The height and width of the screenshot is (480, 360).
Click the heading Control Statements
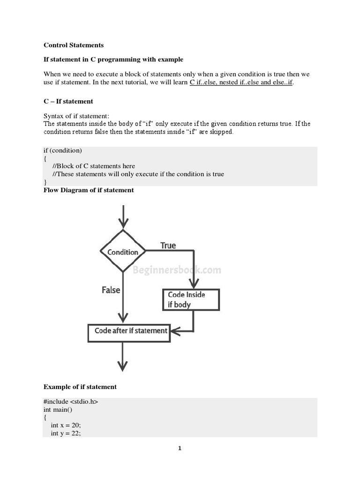click(74, 45)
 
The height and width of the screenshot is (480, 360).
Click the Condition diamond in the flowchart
click(123, 251)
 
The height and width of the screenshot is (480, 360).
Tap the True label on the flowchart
click(168, 245)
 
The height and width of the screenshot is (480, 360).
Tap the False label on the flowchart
click(111, 290)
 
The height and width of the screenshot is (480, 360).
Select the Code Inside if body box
click(190, 300)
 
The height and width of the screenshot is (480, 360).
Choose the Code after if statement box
click(129, 331)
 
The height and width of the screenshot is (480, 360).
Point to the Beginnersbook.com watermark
click(177, 270)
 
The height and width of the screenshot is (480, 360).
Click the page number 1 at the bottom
click(180, 449)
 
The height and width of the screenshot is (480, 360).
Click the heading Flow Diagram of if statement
click(89, 190)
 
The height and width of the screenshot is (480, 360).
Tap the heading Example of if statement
click(80, 387)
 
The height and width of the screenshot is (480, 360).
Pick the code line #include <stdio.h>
click(71, 402)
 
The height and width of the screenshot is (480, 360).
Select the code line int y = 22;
click(66, 434)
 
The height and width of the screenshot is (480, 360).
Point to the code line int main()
click(58, 410)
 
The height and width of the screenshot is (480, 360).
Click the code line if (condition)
click(63, 150)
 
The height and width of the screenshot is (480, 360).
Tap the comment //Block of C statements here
click(94, 166)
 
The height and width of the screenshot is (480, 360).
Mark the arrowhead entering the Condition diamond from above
click(123, 223)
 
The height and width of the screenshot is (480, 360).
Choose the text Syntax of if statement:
click(76, 116)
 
